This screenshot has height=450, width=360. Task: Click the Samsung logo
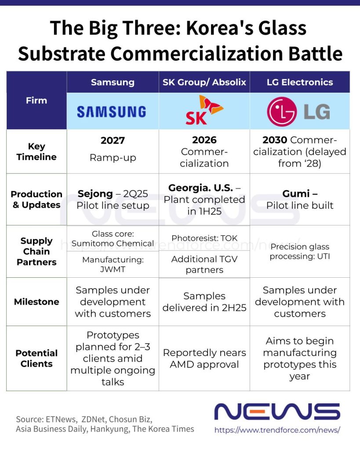(x=112, y=112)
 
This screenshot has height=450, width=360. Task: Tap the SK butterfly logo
(x=204, y=110)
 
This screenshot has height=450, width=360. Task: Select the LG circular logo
(x=282, y=112)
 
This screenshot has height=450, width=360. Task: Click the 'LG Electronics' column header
(x=300, y=82)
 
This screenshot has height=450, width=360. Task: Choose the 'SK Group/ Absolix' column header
(x=204, y=82)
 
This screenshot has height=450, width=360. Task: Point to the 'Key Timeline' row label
(x=36, y=152)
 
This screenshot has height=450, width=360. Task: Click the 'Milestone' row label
(x=36, y=301)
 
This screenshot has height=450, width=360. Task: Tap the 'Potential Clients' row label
(x=36, y=358)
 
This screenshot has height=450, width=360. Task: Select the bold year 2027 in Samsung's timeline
(x=113, y=140)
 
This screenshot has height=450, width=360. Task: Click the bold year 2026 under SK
(x=204, y=140)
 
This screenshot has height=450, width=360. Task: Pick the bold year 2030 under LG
(x=275, y=140)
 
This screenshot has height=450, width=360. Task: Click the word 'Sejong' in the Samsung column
(x=95, y=194)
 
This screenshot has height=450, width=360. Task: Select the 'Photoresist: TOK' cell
(x=204, y=238)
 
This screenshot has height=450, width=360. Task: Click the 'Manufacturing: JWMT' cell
(x=113, y=264)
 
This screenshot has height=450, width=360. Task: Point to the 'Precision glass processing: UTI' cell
(x=300, y=251)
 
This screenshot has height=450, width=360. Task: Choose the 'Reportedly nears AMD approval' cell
(x=204, y=359)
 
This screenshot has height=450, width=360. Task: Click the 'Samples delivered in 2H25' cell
(x=204, y=301)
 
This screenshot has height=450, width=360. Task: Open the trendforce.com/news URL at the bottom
(x=277, y=430)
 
